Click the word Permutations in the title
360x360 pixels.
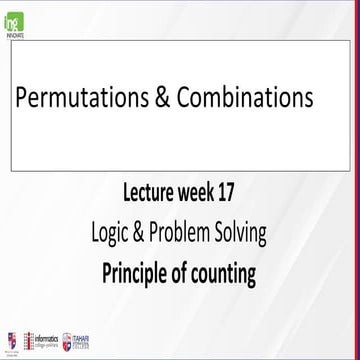[x=79, y=98]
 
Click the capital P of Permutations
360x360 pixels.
[x=21, y=98]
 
